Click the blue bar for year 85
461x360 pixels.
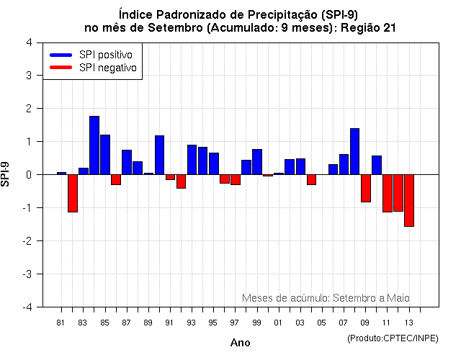(x=105, y=154)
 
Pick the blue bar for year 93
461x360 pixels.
(x=192, y=159)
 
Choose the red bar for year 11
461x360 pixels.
(x=388, y=193)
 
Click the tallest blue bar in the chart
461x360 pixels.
(x=94, y=145)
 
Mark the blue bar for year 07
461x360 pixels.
(x=344, y=164)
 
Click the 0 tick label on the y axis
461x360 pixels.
(x=28, y=175)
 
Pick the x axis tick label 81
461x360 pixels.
(x=61, y=323)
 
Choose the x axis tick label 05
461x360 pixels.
(x=322, y=323)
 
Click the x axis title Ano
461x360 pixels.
(x=240, y=343)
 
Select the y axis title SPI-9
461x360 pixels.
(x=9, y=174)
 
